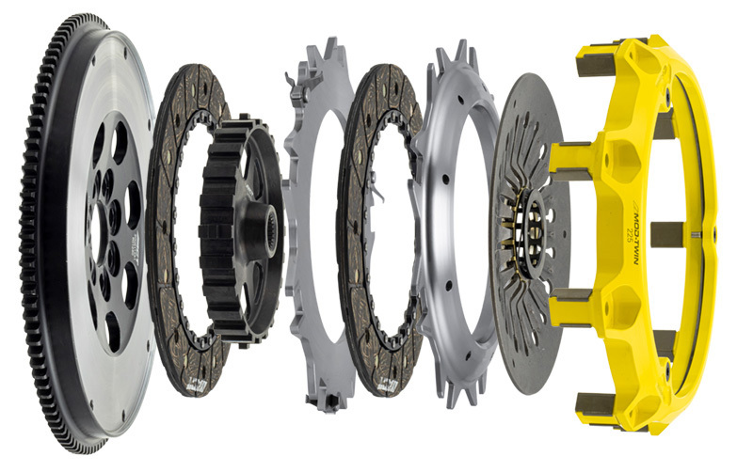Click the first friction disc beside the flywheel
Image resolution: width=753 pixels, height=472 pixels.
(x=169, y=282)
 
